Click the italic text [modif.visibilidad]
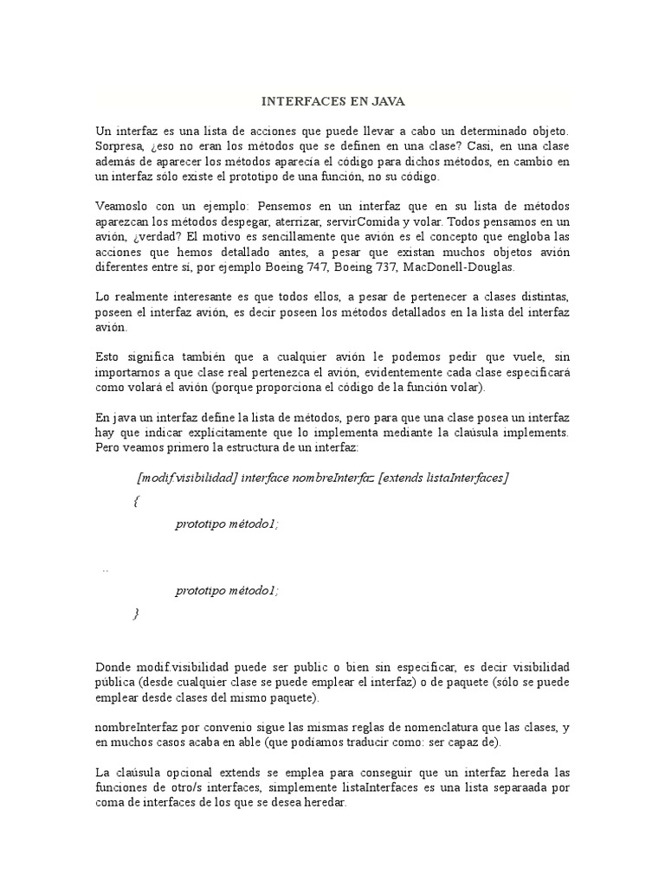coord(186,478)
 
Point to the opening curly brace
coord(137,501)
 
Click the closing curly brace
coord(136,613)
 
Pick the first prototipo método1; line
coord(227,523)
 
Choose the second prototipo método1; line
coord(227,590)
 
